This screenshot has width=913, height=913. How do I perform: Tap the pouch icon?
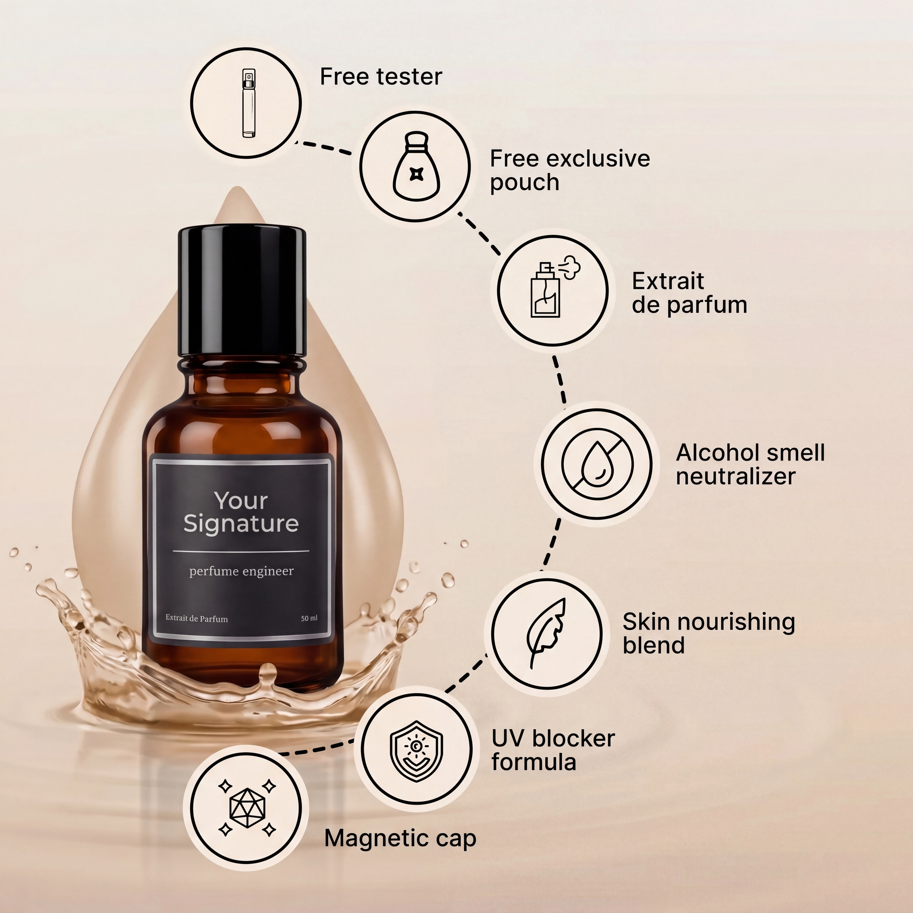tap(415, 166)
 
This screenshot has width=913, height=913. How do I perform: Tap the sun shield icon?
tap(416, 751)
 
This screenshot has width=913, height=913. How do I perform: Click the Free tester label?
tap(381, 76)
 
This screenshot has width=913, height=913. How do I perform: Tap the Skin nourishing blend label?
tap(709, 633)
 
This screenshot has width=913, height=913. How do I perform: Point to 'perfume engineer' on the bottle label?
tap(242, 572)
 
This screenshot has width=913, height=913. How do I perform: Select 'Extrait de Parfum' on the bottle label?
tap(197, 619)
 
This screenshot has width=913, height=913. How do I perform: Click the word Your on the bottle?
tap(241, 501)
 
